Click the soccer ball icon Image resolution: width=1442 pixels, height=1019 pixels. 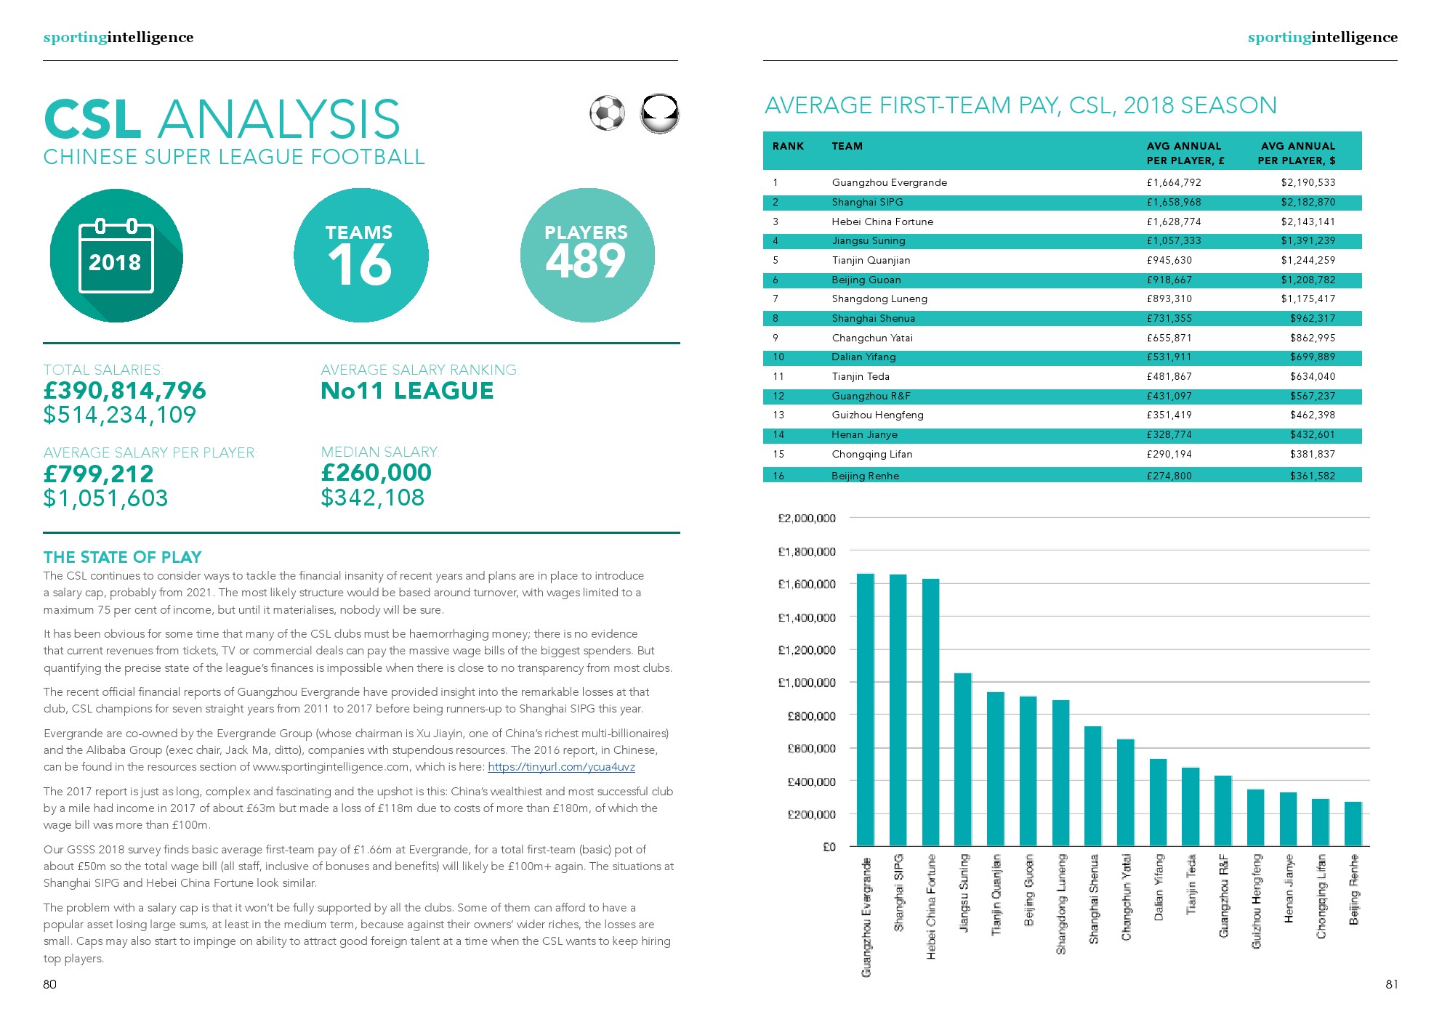[607, 113]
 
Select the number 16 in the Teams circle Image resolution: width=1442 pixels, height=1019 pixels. [360, 264]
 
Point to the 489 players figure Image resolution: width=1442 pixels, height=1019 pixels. [586, 261]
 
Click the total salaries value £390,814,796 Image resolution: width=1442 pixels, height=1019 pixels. [125, 391]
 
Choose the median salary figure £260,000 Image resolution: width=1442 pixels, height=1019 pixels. [376, 473]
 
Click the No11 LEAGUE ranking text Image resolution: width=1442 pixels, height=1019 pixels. [407, 391]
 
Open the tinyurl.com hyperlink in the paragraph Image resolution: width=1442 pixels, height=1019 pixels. [561, 767]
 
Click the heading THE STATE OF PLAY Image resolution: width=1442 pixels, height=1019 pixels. [122, 557]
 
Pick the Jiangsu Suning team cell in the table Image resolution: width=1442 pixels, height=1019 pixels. [869, 241]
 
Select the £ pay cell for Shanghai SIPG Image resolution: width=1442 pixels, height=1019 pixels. [1174, 202]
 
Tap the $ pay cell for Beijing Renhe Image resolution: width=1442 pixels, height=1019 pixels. [1313, 476]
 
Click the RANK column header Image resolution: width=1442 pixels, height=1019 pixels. [788, 147]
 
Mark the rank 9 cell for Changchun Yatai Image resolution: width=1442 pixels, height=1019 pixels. [776, 338]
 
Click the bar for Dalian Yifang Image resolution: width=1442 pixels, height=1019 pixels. [1158, 803]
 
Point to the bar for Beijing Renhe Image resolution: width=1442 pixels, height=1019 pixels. [1353, 824]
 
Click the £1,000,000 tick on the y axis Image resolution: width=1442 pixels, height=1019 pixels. [807, 683]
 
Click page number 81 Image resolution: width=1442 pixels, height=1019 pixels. [1391, 984]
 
